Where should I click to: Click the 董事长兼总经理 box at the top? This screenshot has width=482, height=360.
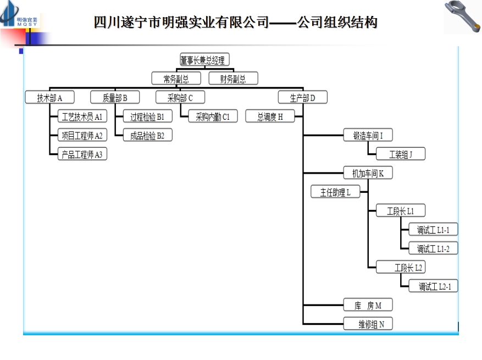(x=204, y=60)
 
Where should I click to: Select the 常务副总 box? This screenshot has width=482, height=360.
(x=176, y=79)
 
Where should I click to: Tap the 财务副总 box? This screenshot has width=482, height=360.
(x=233, y=79)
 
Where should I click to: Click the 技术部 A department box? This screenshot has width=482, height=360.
(x=49, y=98)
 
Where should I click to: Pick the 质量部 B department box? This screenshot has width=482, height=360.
(x=114, y=98)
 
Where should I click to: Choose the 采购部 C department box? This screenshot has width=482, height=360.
(x=180, y=98)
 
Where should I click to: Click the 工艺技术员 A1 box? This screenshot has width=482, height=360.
(x=82, y=117)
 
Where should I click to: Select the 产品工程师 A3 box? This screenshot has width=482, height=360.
(x=82, y=154)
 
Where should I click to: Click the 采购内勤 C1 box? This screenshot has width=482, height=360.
(x=213, y=117)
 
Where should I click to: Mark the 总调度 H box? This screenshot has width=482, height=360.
(x=270, y=117)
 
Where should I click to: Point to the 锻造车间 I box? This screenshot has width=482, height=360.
(x=368, y=135)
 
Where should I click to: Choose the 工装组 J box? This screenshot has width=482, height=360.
(x=400, y=154)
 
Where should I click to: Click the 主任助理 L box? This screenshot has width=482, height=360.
(x=335, y=192)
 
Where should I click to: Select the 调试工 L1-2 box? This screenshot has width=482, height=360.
(x=433, y=248)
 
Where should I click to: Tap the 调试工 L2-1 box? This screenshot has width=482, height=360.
(x=433, y=286)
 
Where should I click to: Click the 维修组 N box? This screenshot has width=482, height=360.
(x=368, y=324)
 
